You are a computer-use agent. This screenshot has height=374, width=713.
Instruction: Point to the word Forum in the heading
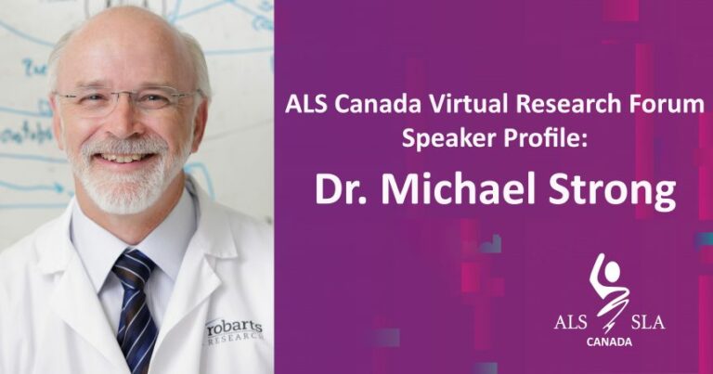675,106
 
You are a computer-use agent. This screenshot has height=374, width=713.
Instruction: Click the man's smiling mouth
128,157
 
